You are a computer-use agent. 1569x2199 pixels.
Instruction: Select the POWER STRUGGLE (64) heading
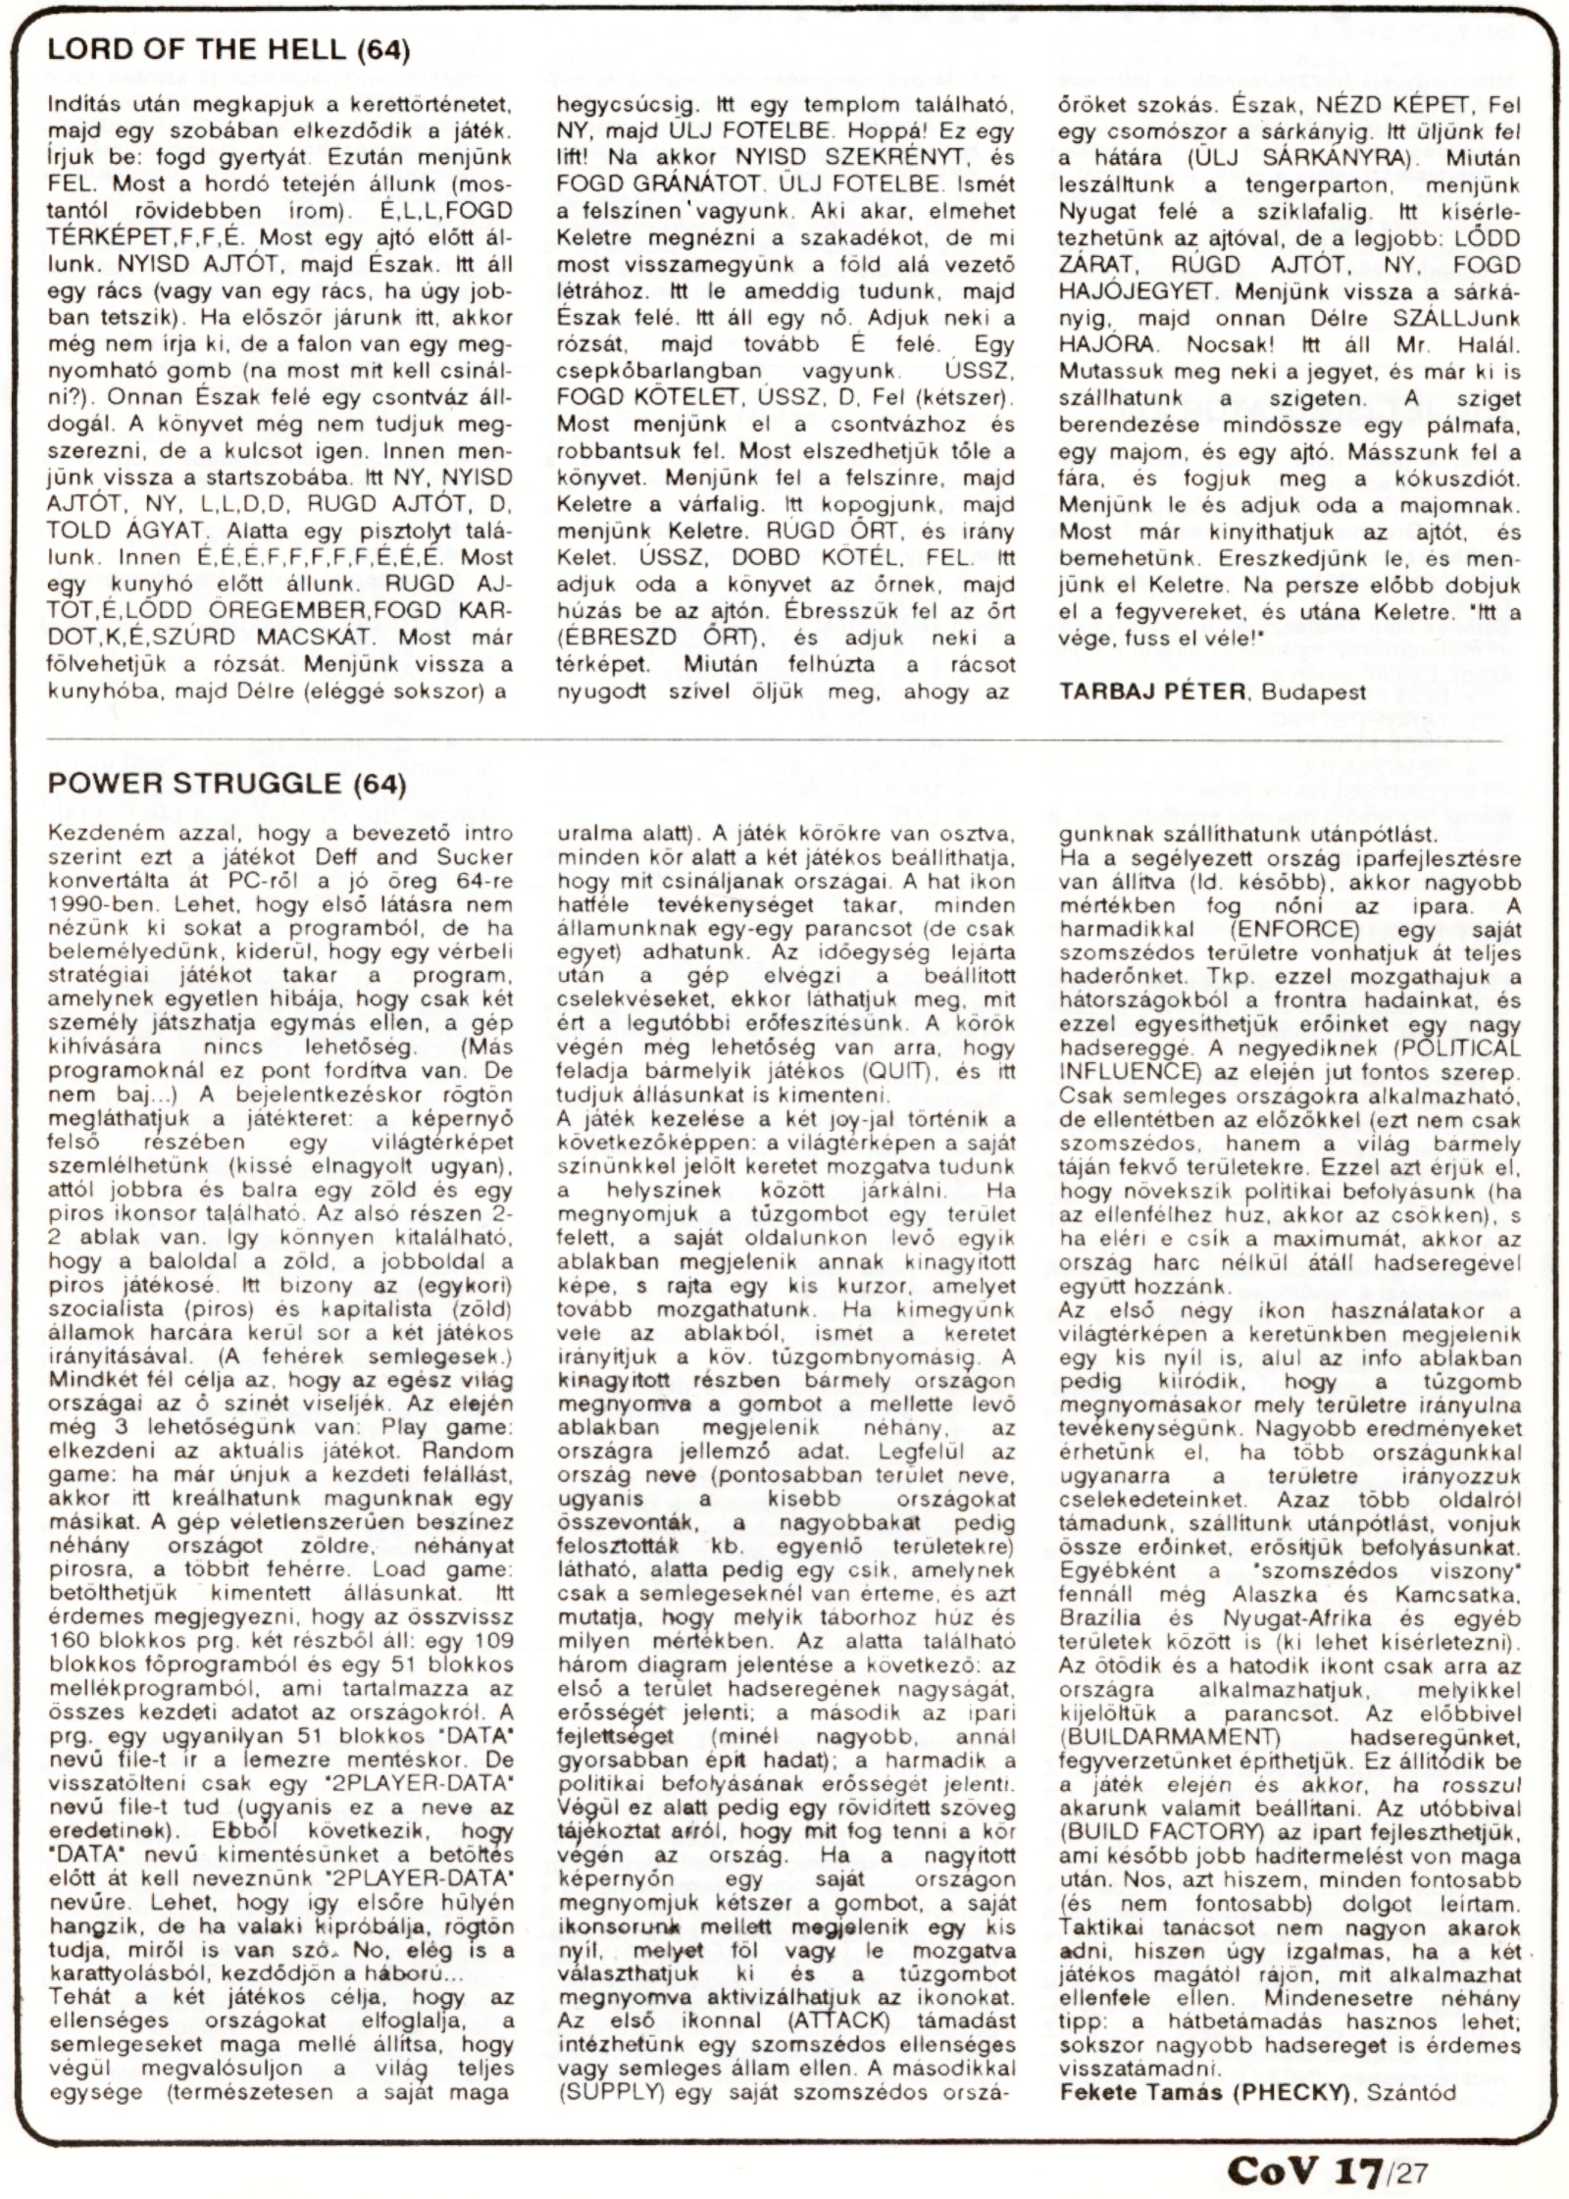226,785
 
